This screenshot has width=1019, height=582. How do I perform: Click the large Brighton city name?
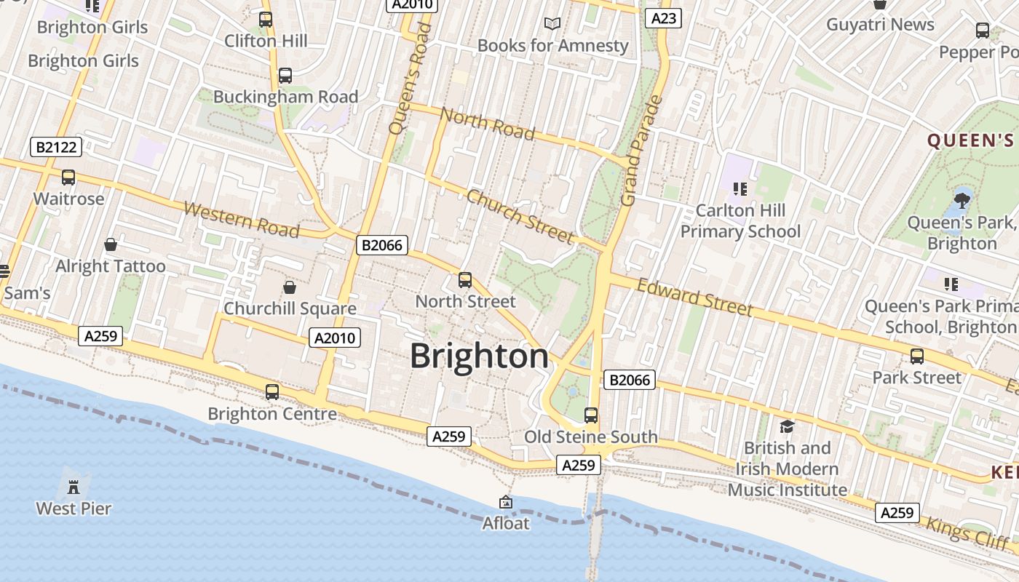tap(479, 356)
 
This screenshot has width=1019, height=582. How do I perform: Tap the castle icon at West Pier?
tap(74, 486)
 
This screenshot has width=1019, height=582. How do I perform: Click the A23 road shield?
tap(662, 18)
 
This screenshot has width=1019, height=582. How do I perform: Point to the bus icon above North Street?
tap(465, 279)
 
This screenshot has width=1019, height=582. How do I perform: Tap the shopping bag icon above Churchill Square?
tap(290, 287)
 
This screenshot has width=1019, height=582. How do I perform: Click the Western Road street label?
tap(241, 220)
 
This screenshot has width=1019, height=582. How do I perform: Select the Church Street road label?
tap(520, 216)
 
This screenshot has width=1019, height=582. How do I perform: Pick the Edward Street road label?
tap(694, 297)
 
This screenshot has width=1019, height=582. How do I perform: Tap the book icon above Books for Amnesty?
tap(552, 24)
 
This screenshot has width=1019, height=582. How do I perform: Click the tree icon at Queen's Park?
tap(961, 199)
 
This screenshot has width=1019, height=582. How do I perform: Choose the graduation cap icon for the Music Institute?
tap(787, 426)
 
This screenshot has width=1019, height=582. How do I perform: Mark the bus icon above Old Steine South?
tap(591, 415)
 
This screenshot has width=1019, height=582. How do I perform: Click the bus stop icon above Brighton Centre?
tap(272, 392)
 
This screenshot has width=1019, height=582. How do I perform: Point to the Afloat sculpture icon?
tap(506, 502)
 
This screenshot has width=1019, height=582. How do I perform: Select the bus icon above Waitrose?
tap(68, 177)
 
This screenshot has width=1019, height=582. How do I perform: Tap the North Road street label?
tap(488, 124)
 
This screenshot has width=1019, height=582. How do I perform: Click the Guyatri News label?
tap(880, 25)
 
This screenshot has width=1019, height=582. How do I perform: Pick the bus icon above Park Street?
tap(917, 356)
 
